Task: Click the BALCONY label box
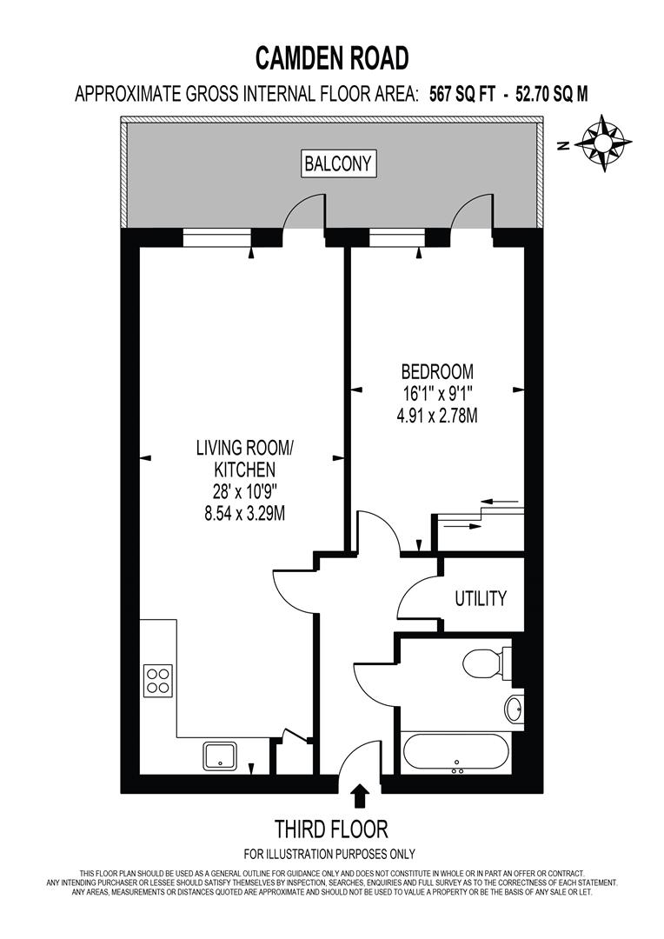[x=339, y=163]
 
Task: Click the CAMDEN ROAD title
[x=331, y=58]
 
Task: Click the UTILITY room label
[x=480, y=598]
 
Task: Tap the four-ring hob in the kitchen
[x=157, y=680]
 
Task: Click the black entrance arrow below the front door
[x=360, y=796]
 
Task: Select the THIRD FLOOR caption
[x=331, y=828]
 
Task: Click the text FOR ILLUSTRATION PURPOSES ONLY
[x=331, y=854]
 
